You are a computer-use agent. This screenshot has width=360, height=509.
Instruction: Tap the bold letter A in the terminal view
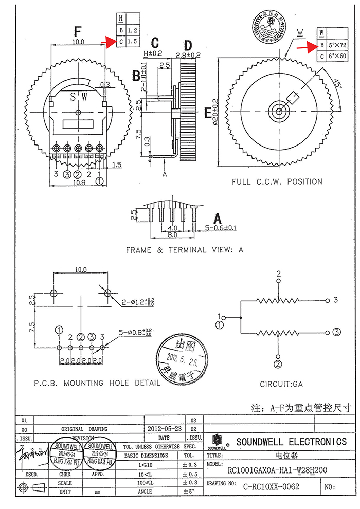218,217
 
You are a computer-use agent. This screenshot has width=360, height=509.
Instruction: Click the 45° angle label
338,84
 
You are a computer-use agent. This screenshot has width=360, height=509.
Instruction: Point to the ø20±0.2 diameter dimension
215,112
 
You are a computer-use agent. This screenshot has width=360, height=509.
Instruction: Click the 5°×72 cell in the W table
337,45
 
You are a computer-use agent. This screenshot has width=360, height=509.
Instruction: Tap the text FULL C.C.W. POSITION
277,181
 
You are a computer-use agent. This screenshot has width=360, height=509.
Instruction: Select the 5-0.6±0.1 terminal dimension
221,228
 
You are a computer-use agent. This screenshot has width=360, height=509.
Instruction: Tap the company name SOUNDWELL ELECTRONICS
291,442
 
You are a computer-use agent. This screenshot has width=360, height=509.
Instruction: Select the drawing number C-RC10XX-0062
271,486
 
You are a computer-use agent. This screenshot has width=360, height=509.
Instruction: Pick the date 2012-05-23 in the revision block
164,428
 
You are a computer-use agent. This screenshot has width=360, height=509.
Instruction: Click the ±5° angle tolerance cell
189,492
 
